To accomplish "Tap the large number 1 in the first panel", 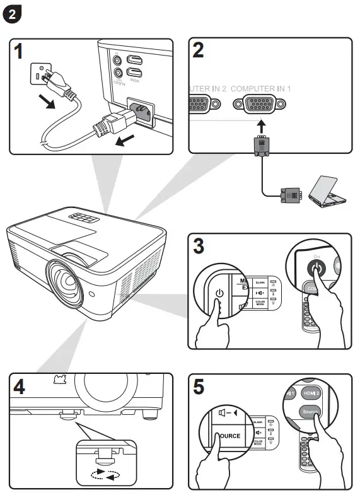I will coord(21,50).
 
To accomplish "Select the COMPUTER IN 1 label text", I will coord(260,89).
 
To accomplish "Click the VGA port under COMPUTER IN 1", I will coord(260,106).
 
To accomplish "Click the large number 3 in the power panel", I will coord(199,247).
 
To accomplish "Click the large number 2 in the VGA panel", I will coord(199,50).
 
